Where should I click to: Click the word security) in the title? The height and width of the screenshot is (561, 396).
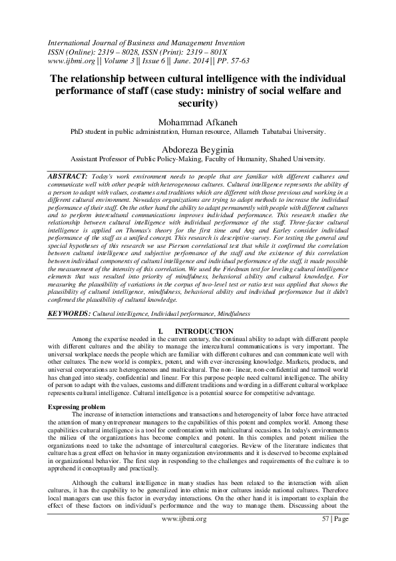tap(198, 103)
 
